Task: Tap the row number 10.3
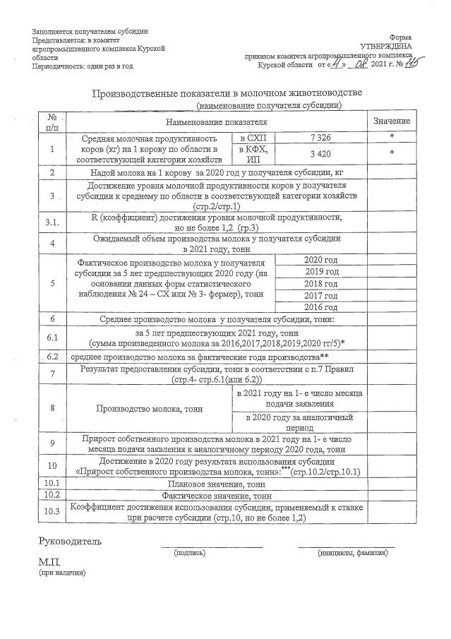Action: [52, 511]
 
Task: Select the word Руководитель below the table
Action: [70, 542]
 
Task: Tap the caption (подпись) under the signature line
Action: [190, 553]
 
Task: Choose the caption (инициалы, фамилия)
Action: [347, 553]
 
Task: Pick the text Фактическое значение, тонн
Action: [216, 496]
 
